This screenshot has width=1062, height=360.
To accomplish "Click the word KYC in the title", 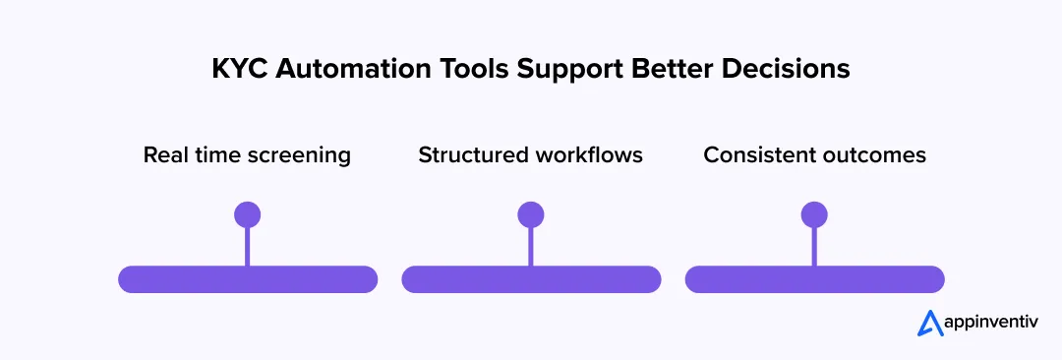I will click(235, 71).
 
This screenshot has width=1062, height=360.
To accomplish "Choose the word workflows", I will click(590, 155).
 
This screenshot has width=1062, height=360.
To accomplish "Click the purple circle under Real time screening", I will click(247, 214).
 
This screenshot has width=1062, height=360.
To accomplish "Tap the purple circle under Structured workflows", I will click(531, 214).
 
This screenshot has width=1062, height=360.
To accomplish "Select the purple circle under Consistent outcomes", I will click(814, 214).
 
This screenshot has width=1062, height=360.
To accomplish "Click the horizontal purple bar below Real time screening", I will click(248, 279).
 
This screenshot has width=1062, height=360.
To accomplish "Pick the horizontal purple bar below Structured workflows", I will click(531, 279).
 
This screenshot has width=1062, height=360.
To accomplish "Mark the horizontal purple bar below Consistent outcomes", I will click(814, 279).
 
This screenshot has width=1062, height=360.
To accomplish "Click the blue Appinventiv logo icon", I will click(929, 324).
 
